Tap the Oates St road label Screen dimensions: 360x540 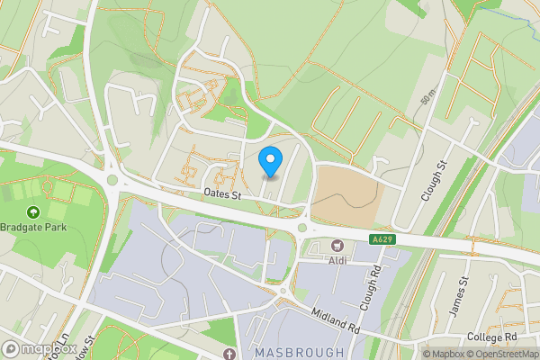pyautogui.click(x=223, y=194)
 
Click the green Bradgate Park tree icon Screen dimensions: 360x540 pyautogui.click(x=33, y=211)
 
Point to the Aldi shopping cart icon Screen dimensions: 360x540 pyautogui.click(x=338, y=245)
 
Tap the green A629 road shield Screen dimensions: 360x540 pyautogui.click(x=382, y=239)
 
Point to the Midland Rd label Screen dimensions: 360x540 pyautogui.click(x=336, y=319)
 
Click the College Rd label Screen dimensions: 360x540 pyautogui.click(x=492, y=337)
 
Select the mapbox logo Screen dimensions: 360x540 pyautogui.click(x=39, y=348)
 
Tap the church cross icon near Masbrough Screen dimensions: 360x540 pyautogui.click(x=230, y=354)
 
